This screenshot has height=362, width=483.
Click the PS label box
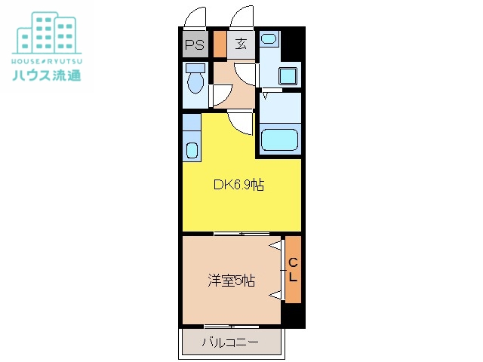193,44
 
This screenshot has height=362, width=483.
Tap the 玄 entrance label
241,44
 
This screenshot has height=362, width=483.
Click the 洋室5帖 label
231,281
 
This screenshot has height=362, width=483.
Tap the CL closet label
293,269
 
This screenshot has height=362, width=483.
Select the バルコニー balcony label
230,343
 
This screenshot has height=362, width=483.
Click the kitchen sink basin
192,149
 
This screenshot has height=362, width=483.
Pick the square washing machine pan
288,76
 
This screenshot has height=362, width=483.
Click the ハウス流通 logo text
47,75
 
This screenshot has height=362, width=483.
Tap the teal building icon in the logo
47,32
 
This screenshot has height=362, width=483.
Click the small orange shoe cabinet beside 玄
220,44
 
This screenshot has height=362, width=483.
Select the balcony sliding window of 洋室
230,326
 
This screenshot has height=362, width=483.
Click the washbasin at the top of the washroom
270,38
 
